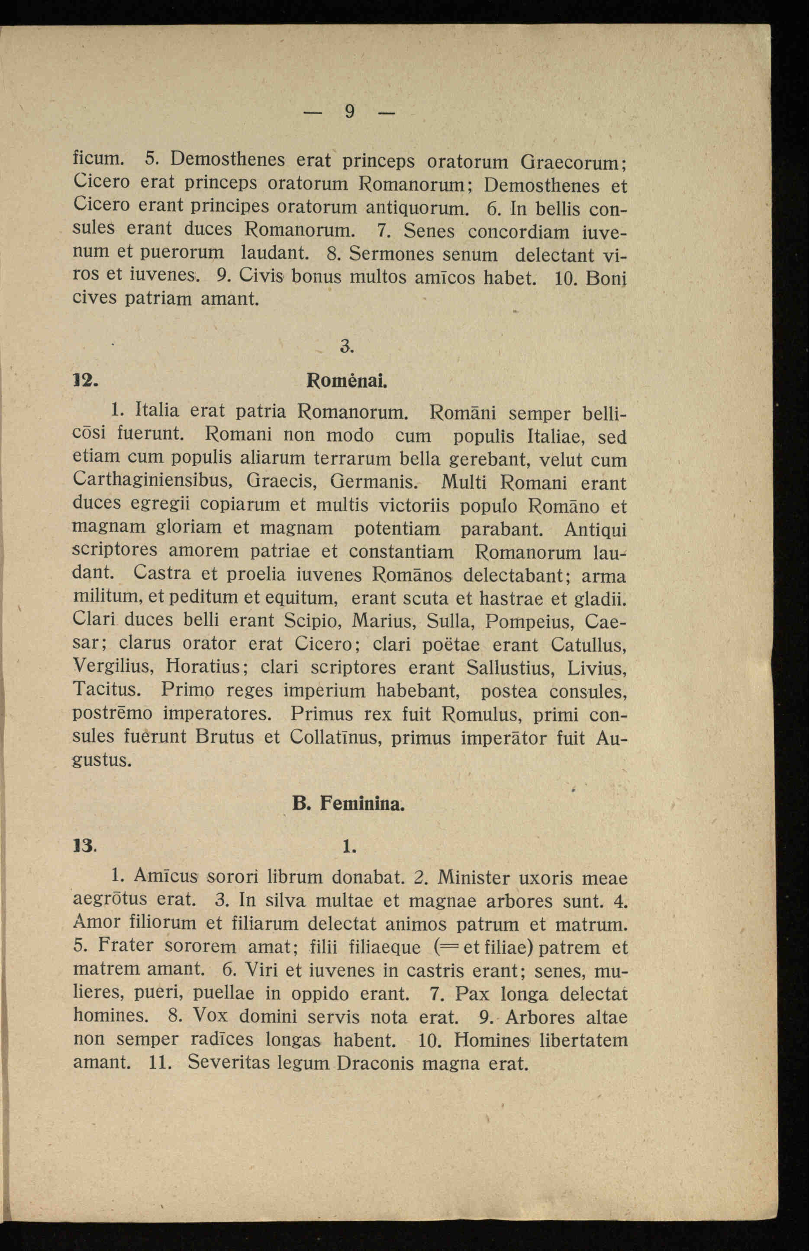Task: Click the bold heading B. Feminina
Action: pyautogui.click(x=348, y=804)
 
